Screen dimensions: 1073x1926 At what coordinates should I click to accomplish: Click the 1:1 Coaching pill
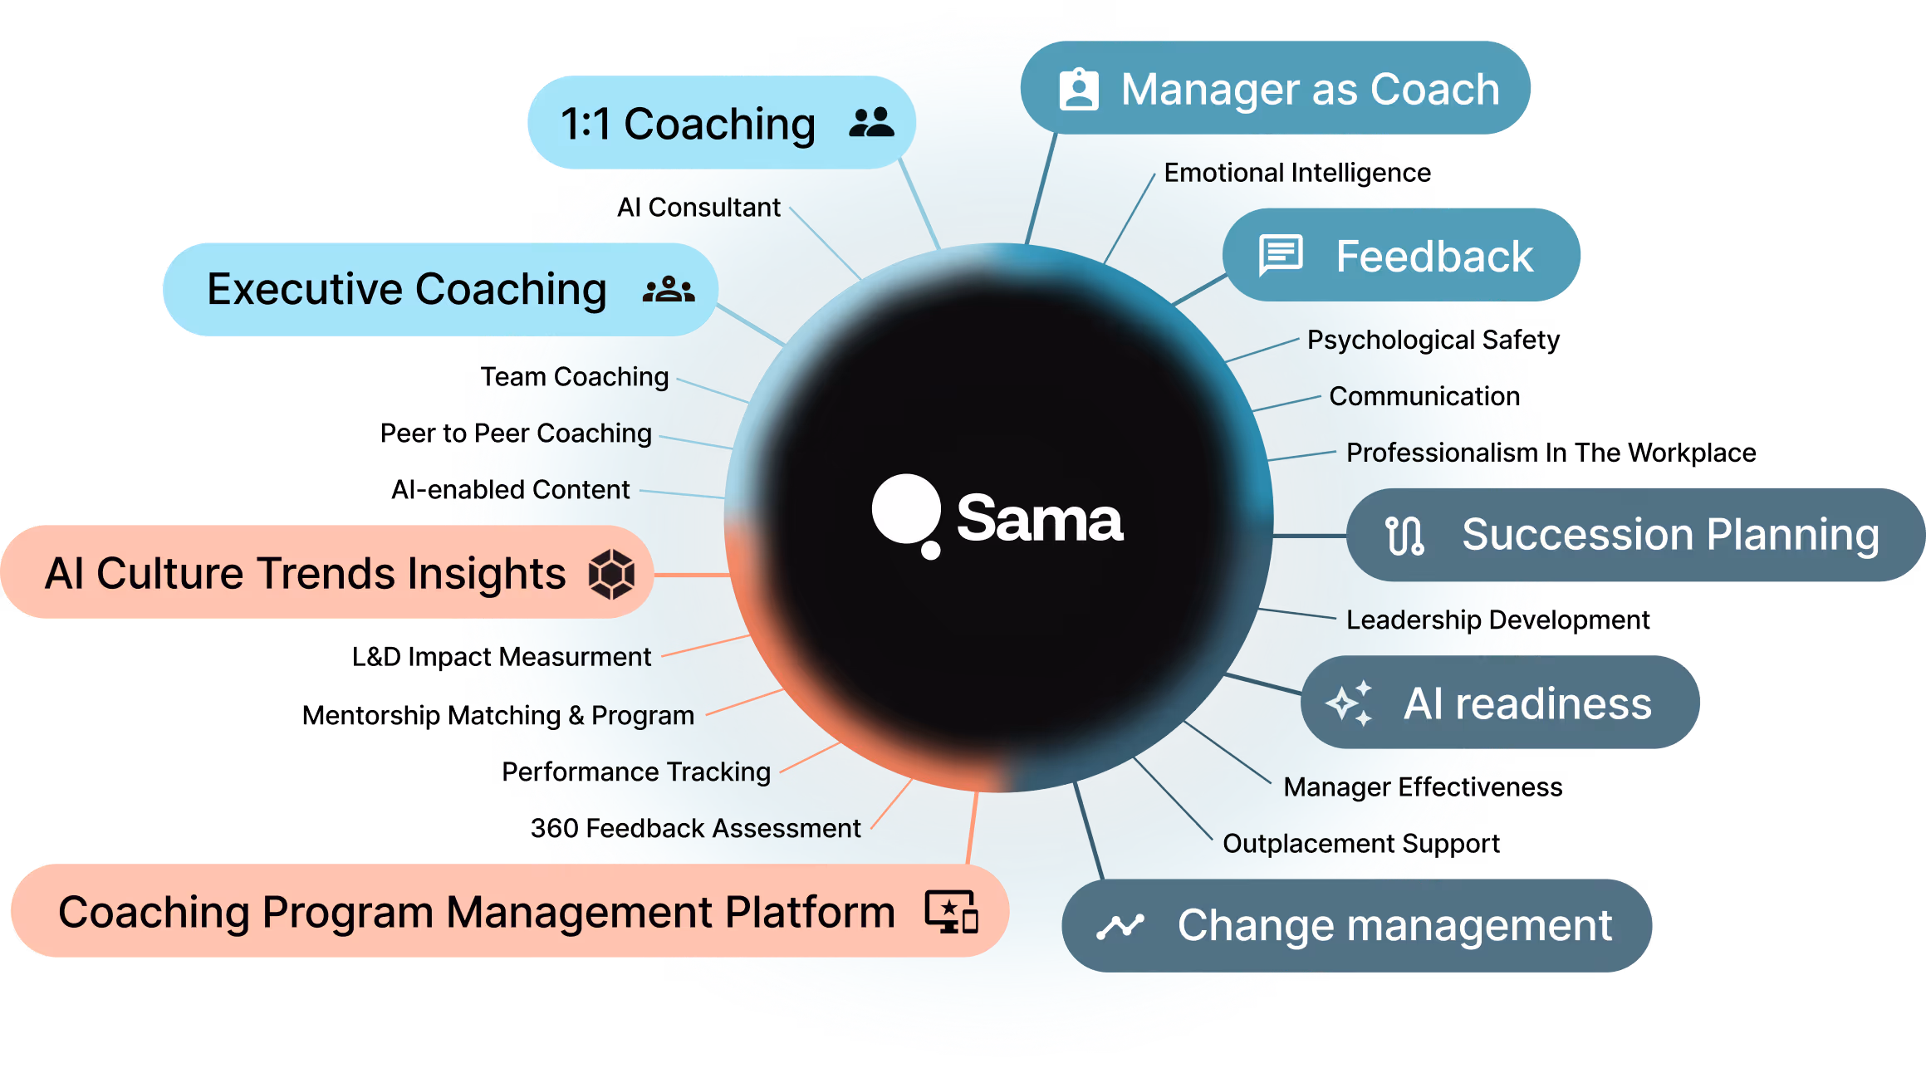[x=721, y=124]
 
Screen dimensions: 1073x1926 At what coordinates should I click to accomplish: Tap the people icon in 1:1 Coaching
[x=871, y=123]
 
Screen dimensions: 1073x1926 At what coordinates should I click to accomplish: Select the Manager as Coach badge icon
[x=1079, y=89]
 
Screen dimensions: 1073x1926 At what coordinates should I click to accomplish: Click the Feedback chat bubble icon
[x=1281, y=255]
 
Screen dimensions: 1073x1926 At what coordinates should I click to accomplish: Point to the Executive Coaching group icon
[x=669, y=290]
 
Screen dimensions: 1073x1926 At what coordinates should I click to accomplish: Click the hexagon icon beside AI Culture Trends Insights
[x=611, y=574]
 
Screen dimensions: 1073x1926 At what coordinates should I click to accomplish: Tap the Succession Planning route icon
[x=1404, y=536]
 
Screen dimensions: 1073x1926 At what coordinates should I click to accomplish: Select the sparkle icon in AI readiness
[x=1350, y=703]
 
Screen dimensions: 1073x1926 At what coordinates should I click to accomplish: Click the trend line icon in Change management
[x=1120, y=926]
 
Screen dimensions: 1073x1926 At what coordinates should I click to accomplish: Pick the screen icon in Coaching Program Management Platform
[x=952, y=912]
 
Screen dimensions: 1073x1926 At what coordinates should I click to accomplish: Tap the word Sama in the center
[x=1039, y=519]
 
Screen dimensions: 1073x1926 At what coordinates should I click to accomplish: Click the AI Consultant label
[x=698, y=208]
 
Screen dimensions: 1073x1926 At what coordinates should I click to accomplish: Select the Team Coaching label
[x=575, y=377]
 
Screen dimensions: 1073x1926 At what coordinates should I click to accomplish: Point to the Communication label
[x=1424, y=396]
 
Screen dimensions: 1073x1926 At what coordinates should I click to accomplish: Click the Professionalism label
[x=1441, y=453]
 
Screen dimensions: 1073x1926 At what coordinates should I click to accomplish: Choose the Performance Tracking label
[x=636, y=772]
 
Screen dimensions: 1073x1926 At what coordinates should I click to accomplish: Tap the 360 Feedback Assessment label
[x=696, y=829]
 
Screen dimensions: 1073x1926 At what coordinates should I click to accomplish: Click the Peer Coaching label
[x=562, y=434]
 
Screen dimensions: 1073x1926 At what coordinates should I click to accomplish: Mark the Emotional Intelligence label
[x=1289, y=173]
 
